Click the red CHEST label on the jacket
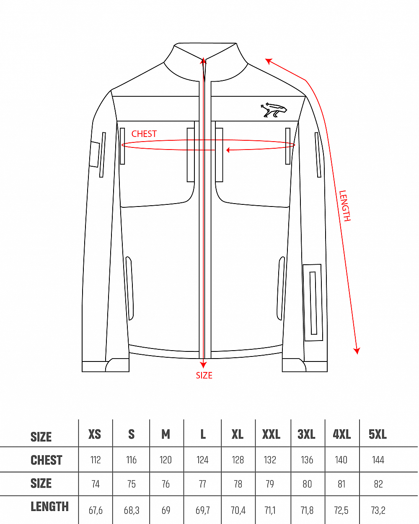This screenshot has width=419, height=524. (144, 134)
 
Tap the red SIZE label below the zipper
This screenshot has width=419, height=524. (204, 376)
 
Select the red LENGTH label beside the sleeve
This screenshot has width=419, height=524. (345, 206)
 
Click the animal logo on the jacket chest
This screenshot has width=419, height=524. (274, 110)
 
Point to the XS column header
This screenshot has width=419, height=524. (95, 434)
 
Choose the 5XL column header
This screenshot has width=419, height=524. (378, 434)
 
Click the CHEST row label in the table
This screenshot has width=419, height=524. (47, 460)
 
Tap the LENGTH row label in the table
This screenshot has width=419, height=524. (49, 507)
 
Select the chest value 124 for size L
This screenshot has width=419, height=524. (202, 460)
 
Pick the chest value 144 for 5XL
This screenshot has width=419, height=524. (378, 460)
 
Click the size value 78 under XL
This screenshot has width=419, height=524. (238, 484)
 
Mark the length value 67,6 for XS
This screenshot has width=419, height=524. (96, 511)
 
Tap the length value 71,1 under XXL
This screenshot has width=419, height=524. (270, 511)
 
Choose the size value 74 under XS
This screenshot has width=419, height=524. (96, 484)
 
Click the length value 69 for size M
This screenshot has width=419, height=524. (166, 511)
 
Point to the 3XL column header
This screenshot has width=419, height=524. (306, 434)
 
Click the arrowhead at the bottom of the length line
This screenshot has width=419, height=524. (357, 351)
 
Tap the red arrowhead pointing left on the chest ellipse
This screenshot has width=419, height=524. (228, 150)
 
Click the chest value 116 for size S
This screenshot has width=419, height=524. (132, 460)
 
